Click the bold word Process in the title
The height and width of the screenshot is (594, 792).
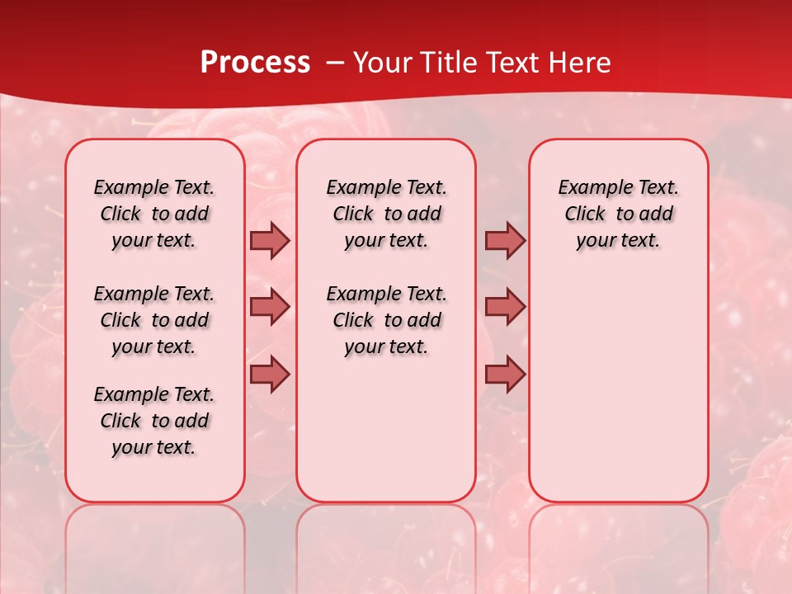(x=255, y=63)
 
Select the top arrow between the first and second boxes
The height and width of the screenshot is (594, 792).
(x=270, y=241)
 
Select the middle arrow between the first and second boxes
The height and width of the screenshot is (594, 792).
(x=270, y=307)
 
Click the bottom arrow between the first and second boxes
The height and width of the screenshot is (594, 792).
(x=270, y=374)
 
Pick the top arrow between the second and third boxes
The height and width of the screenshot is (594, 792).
(x=505, y=241)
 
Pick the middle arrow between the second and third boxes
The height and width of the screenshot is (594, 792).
(x=505, y=307)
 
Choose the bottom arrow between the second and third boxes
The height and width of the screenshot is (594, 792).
(x=505, y=374)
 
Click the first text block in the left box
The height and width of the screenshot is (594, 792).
(x=154, y=214)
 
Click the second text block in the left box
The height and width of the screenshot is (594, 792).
(x=154, y=320)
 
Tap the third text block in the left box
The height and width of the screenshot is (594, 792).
(x=154, y=421)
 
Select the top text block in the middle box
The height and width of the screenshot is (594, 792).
(x=386, y=214)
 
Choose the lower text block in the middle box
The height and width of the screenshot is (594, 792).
(x=386, y=320)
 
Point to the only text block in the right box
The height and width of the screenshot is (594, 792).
(x=618, y=214)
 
